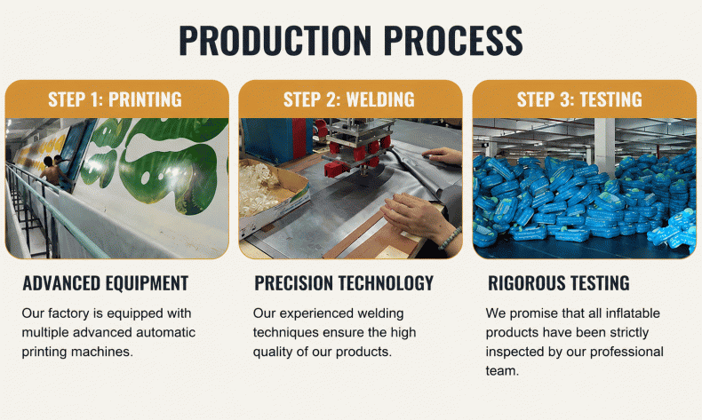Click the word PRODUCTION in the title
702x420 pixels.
[x=275, y=40]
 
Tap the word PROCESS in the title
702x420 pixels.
[x=453, y=40]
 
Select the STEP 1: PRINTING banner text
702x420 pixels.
[x=115, y=99]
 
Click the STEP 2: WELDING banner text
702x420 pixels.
[x=349, y=99]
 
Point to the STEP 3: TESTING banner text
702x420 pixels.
[x=579, y=99]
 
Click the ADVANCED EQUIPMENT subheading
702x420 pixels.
[x=106, y=283]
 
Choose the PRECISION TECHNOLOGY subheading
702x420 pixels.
[x=344, y=283]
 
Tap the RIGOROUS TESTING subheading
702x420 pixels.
[x=559, y=283]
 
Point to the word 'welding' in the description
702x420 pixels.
[x=379, y=313]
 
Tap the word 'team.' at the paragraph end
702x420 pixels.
[x=502, y=371]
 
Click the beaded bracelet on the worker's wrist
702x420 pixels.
[x=450, y=238]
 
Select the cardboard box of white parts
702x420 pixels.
[x=273, y=194]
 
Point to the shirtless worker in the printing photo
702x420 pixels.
[x=52, y=170]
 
